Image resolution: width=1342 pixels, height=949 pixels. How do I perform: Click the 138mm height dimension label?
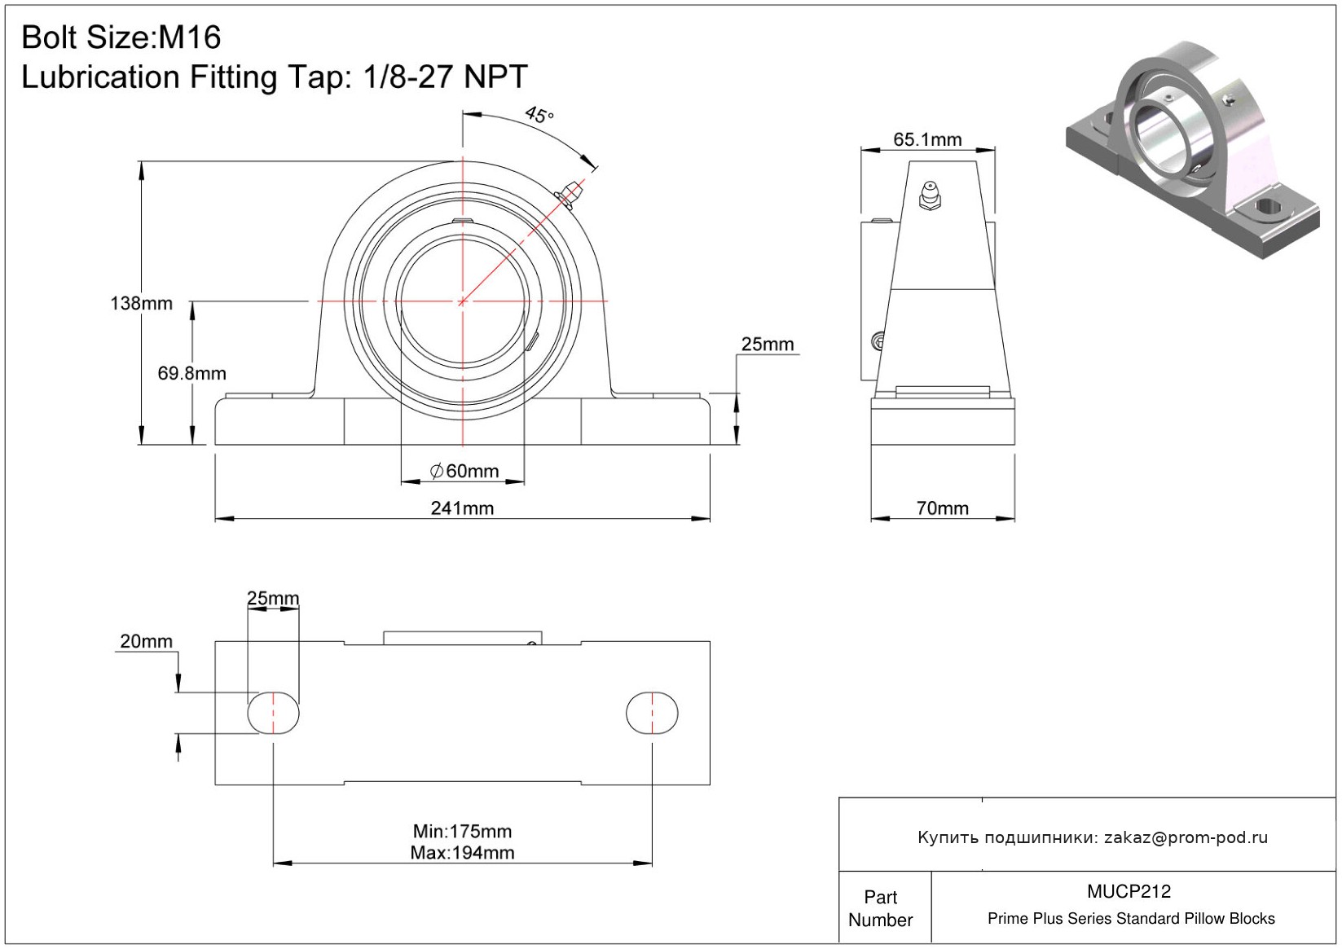click(142, 303)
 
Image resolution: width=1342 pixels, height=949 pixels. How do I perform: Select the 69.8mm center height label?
click(191, 373)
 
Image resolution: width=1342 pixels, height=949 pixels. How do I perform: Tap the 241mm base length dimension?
click(463, 508)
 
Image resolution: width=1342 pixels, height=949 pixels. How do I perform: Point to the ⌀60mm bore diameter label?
click(465, 471)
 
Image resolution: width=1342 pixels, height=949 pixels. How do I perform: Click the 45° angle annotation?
click(539, 114)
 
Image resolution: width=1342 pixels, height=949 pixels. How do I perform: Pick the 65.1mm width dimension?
click(927, 139)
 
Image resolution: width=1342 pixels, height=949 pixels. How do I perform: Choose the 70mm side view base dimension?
click(943, 508)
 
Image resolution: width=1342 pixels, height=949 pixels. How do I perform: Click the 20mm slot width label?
click(146, 641)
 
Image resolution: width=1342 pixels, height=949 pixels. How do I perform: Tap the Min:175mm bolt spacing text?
click(463, 831)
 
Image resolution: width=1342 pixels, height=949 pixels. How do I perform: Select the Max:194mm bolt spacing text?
click(463, 853)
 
